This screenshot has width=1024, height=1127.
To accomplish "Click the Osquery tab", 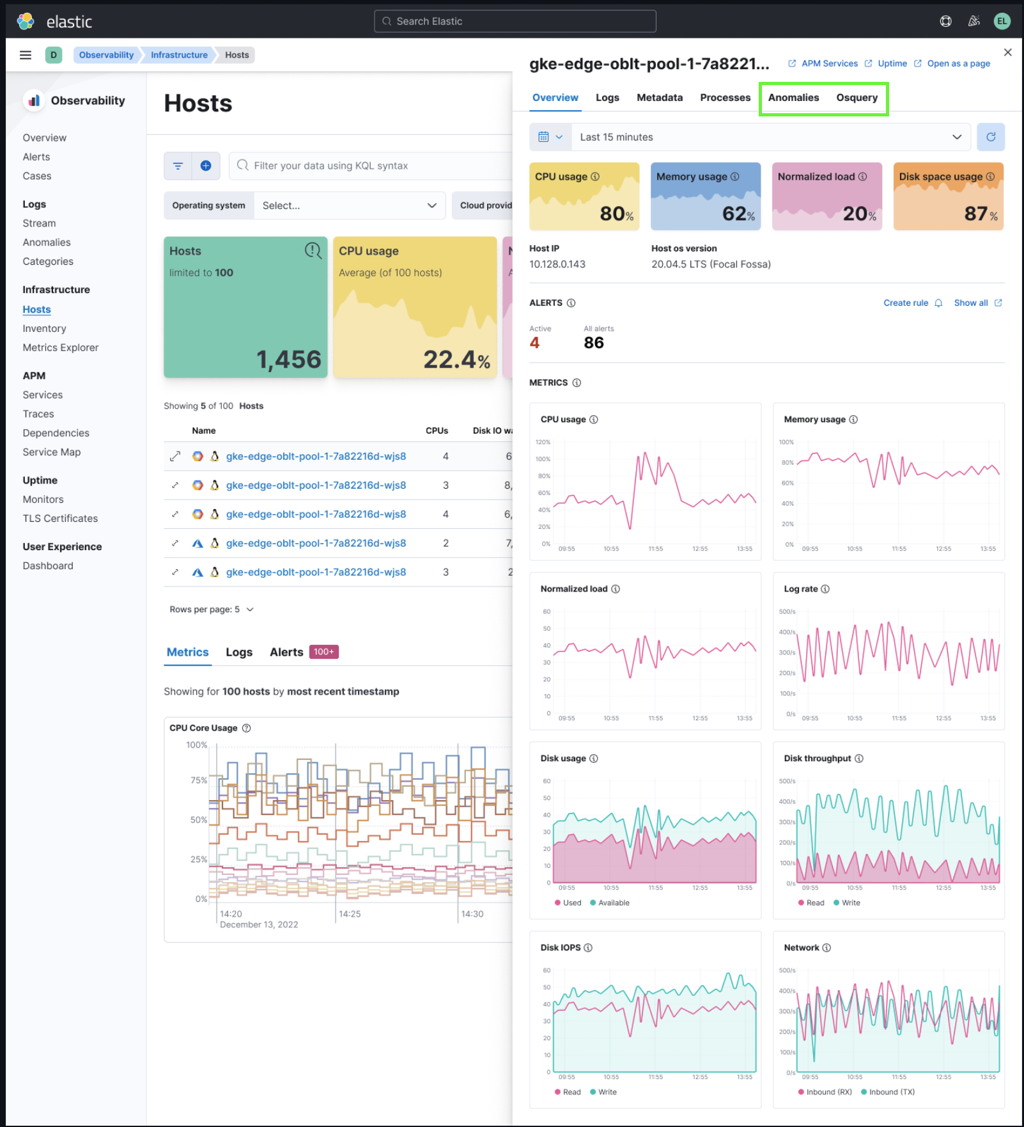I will tap(857, 98).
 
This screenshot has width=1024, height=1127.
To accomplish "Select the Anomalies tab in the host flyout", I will tap(793, 98).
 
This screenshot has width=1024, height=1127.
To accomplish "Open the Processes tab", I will tap(725, 98).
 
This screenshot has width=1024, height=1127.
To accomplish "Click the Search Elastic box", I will tap(515, 21).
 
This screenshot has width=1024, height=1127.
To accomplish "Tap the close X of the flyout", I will tap(1007, 52).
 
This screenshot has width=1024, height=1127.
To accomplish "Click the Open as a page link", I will tap(958, 63).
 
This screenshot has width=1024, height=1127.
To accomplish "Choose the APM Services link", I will tap(829, 63).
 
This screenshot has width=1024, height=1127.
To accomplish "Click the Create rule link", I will tap(905, 303).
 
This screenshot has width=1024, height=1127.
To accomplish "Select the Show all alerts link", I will tap(970, 303).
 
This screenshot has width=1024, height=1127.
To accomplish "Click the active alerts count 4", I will tap(534, 343).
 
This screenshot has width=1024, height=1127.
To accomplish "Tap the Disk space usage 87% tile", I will tap(948, 196).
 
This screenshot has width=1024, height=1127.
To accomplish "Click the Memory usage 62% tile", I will tap(705, 196).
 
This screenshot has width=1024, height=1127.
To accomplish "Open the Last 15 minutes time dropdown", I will tap(770, 137).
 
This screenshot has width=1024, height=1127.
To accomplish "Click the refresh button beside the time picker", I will tap(990, 137).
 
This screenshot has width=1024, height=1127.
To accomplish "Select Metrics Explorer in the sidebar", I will tap(61, 348).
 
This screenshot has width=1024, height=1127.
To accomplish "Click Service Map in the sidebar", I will tap(52, 452).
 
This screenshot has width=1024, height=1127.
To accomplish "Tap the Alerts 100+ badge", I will tap(323, 652).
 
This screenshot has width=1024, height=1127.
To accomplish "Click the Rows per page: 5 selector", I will tap(211, 610).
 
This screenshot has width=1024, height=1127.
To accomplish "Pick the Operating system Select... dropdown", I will tap(349, 206).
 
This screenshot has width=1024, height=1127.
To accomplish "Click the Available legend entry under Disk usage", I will tap(613, 903).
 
